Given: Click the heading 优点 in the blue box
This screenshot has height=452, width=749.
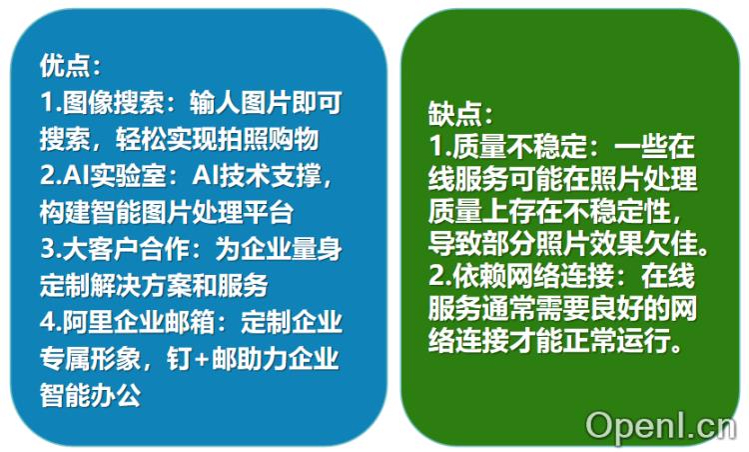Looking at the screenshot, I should [x=63, y=66].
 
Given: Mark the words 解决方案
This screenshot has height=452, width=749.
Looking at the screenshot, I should [x=149, y=286].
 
